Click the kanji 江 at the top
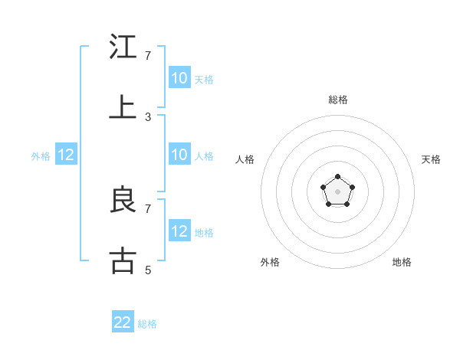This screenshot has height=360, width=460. [123, 47]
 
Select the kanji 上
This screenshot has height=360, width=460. [123, 107]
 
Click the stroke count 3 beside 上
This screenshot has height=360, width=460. [148, 116]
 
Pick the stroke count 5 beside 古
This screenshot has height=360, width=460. [148, 270]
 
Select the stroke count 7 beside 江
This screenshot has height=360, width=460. [148, 56]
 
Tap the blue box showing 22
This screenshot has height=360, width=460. [123, 322]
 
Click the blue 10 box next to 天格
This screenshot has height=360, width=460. [179, 78]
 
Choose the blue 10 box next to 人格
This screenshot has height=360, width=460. [179, 155]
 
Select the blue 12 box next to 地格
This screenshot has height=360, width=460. [179, 231]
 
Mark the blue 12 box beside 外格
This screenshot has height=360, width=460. [66, 155]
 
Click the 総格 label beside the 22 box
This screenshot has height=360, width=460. [148, 324]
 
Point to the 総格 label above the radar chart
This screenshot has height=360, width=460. [337, 100]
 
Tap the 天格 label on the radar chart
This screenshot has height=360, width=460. [431, 159]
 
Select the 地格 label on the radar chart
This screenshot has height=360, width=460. [402, 262]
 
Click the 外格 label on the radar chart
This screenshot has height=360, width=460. [270, 262]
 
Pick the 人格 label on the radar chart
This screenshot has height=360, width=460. [245, 159]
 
